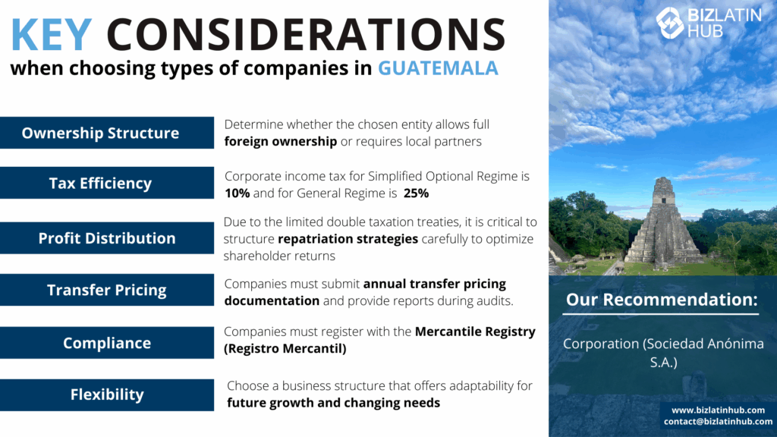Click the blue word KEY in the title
51,34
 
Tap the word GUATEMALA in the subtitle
438,68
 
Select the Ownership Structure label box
107,133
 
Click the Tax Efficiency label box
107,183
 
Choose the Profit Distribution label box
107,237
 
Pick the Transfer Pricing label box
107,290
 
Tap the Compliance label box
107,342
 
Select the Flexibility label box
107,395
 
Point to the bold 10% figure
238,193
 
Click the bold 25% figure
417,193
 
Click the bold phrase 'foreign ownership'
281,142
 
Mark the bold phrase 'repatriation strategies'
348,239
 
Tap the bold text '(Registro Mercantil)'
285,348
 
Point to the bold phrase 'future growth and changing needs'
334,403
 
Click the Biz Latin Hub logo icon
670,23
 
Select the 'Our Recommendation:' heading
662,299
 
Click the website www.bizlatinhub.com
718,410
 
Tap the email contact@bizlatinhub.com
718,422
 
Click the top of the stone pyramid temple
663,179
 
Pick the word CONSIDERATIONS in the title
306,34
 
